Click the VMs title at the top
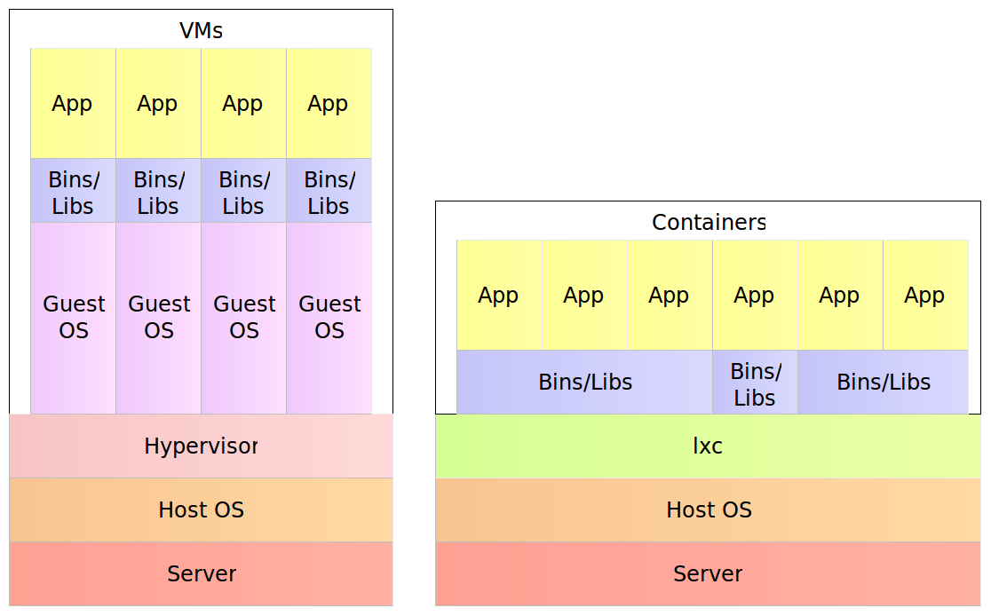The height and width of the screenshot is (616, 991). (201, 30)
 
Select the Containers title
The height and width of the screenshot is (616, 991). (708, 222)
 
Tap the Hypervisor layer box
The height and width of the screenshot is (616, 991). (201, 446)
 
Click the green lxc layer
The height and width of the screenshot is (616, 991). (708, 446)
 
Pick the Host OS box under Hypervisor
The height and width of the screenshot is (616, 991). (201, 509)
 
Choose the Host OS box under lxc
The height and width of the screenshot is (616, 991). (708, 509)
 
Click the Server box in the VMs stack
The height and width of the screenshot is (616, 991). (201, 573)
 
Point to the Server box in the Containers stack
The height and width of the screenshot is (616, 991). (708, 573)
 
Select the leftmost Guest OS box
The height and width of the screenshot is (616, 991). (74, 318)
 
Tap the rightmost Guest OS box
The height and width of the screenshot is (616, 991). (329, 318)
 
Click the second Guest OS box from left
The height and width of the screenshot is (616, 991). (159, 318)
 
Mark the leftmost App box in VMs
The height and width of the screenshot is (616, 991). (73, 104)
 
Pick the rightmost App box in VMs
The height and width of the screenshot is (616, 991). (329, 104)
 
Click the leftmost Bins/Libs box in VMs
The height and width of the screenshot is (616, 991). (74, 191)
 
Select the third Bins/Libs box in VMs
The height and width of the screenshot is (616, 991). (244, 191)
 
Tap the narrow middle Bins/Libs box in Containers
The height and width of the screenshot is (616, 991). (755, 383)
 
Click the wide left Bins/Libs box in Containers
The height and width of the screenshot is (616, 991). (585, 383)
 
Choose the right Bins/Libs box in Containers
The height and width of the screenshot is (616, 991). (883, 383)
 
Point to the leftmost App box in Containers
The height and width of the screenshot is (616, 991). (499, 296)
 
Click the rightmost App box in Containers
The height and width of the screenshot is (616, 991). (925, 296)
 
